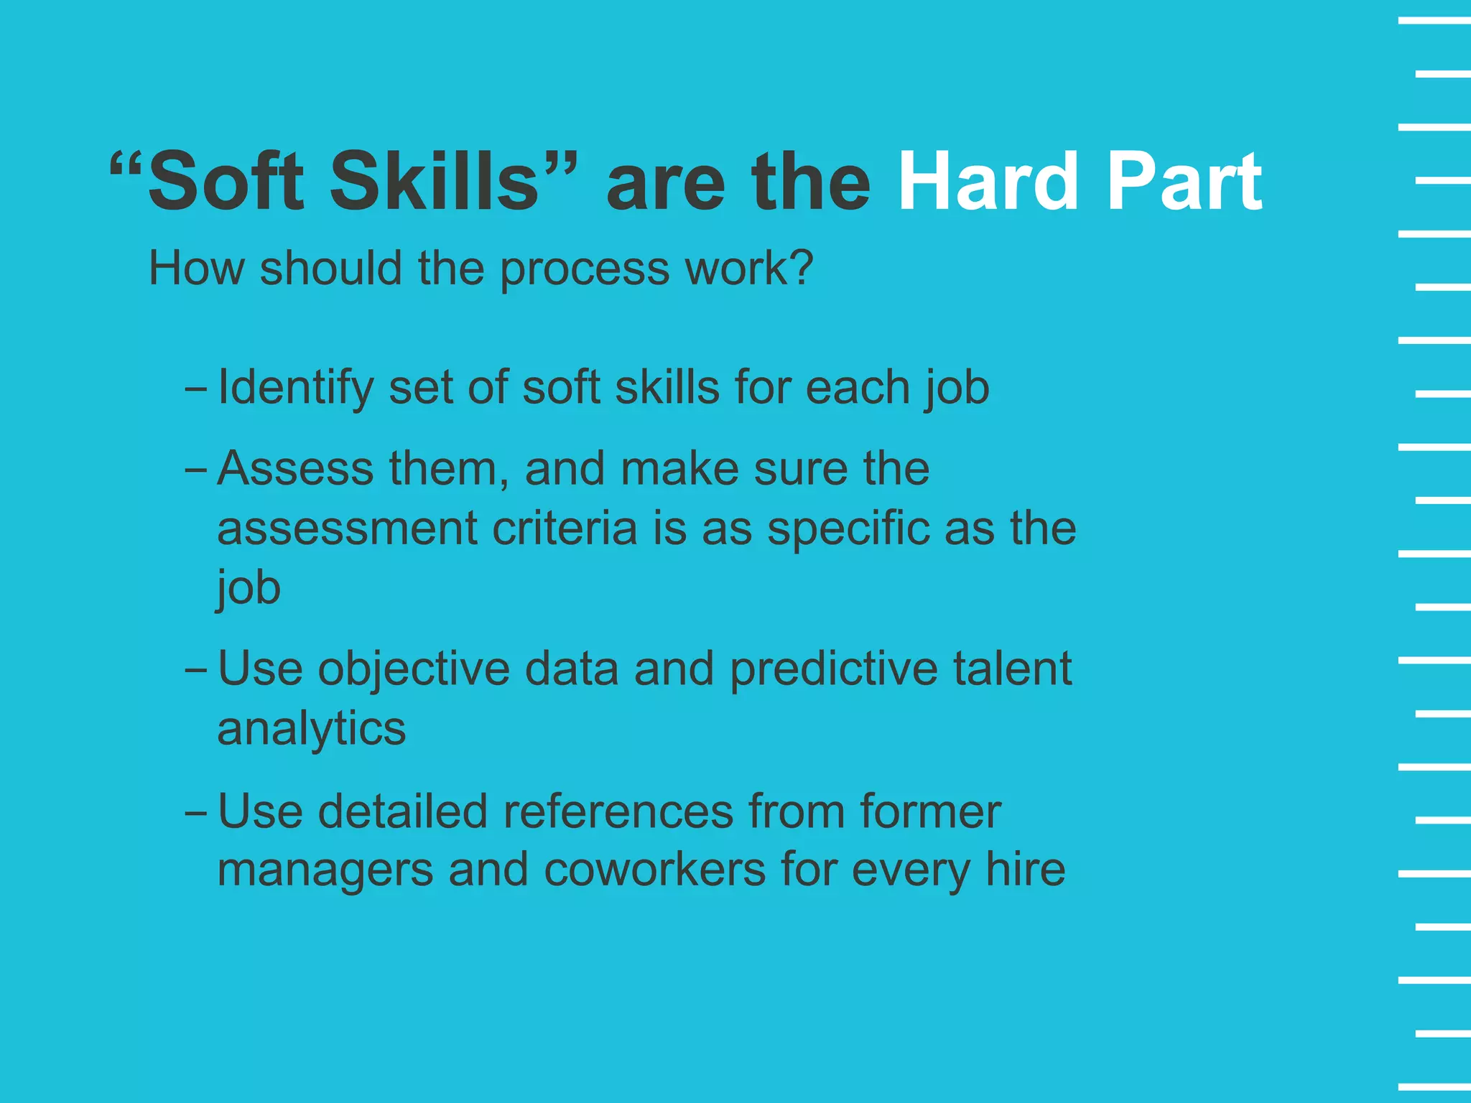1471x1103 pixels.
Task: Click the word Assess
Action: (x=295, y=469)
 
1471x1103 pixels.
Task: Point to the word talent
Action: (x=1012, y=669)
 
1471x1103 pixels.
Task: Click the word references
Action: (x=617, y=811)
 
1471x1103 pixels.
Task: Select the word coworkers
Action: (x=654, y=870)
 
